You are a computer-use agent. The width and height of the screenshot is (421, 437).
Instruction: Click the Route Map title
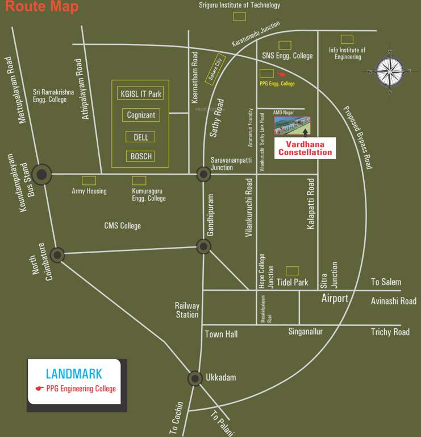[x=41, y=7]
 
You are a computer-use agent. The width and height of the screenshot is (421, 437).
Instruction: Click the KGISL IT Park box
[x=140, y=93]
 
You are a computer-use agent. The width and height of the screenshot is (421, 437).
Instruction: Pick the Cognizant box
[x=141, y=115]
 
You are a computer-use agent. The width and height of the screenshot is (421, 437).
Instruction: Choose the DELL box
[x=140, y=137]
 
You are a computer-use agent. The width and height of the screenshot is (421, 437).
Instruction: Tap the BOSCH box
[x=141, y=156]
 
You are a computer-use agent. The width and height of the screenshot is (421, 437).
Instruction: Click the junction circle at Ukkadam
[x=195, y=378]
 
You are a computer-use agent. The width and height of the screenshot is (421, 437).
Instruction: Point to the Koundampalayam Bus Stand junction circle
[x=41, y=175]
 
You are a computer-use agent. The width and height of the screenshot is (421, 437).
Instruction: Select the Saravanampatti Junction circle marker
[x=203, y=174]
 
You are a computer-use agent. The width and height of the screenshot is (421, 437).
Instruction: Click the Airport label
[x=335, y=298]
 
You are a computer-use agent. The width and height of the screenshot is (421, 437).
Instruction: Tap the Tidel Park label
[x=293, y=282]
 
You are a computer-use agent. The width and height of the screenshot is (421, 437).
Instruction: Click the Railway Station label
[x=187, y=310]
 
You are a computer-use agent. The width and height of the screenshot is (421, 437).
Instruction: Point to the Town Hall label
[x=222, y=335]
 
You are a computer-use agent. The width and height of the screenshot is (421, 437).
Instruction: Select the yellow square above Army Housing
[x=89, y=180]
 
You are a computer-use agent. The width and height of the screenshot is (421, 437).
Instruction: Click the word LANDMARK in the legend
[x=74, y=374]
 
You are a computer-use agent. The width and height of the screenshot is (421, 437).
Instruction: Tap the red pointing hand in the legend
[x=39, y=389]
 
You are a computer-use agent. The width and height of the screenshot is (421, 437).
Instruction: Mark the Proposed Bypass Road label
[x=357, y=137]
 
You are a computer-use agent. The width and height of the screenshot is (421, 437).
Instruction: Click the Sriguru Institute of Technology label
[x=239, y=5]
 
